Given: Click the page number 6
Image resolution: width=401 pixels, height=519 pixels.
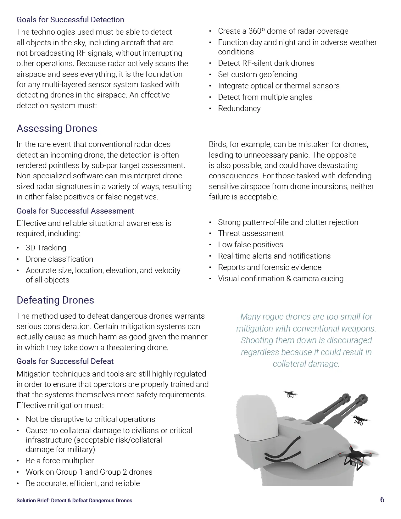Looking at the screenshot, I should coord(382,499).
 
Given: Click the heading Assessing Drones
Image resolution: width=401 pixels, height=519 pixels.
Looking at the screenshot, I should coord(57,128).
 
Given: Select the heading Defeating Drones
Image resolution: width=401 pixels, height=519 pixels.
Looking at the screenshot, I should coord(55,300).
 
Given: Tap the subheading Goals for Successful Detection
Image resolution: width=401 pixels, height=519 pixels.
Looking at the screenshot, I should coord(70,20).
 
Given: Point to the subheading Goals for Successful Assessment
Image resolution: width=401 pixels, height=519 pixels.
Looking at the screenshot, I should coord(75,211).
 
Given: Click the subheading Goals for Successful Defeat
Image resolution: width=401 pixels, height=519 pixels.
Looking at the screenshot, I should coord(65,361).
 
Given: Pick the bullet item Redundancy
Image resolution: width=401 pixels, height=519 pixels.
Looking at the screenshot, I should coord(239,108).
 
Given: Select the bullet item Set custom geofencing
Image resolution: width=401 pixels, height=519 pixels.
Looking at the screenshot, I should coord(257,74).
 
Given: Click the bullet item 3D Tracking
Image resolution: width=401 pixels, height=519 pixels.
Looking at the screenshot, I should coord(46,248).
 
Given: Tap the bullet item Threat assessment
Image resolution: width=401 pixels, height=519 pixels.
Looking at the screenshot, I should coord(251,233).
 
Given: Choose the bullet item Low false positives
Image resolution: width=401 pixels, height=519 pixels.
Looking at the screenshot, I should coord(250,244).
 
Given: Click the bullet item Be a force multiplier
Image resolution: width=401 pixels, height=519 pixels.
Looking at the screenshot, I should coord(60,460).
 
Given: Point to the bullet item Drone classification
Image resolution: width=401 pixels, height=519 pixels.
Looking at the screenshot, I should coord(59,259).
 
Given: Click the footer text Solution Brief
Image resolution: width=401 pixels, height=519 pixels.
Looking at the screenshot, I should coord(33,500).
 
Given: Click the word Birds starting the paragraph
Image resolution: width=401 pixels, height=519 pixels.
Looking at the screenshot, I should coord(218,144).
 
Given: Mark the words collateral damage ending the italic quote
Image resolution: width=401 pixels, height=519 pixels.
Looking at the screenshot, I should coord(306,364).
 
